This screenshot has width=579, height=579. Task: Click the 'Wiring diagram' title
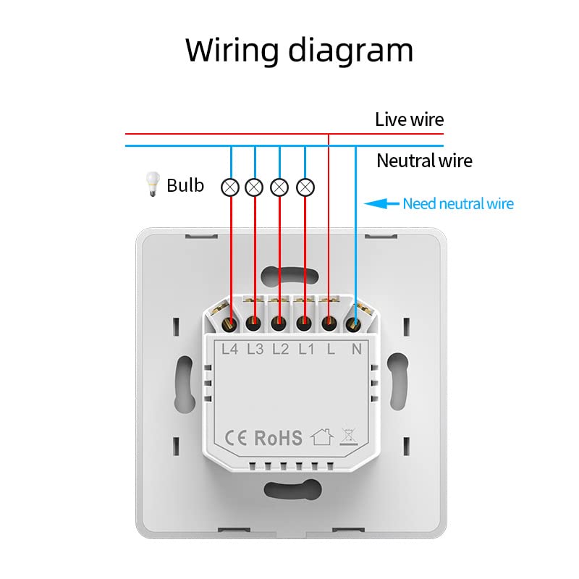coord(299,51)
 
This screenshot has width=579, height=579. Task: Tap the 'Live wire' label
coord(409,119)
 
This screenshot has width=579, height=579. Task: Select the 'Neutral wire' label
coord(424,161)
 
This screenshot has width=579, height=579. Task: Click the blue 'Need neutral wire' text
coord(458,203)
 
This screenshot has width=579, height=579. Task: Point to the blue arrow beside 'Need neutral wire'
coord(381,203)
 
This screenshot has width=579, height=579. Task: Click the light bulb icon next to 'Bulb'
coord(152,184)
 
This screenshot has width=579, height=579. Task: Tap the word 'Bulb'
coord(185,185)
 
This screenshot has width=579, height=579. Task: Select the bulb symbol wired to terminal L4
coord(230,187)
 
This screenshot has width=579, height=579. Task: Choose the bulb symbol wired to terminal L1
coord(305,187)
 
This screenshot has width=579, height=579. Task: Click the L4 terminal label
coord(229,349)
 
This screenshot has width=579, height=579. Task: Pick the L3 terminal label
coord(255,349)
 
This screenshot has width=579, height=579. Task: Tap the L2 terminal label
coord(281,349)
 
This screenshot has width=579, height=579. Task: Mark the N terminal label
coord(356,349)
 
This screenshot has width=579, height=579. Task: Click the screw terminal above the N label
coord(353,325)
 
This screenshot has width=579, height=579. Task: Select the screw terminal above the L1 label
coord(303,324)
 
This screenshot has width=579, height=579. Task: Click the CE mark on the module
coord(236,439)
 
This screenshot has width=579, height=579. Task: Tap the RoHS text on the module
coord(279,438)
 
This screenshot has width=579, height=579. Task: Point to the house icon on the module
coord(322,437)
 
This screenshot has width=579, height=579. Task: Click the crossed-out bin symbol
coord(349,437)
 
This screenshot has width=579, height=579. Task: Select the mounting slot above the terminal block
coord(289,276)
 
